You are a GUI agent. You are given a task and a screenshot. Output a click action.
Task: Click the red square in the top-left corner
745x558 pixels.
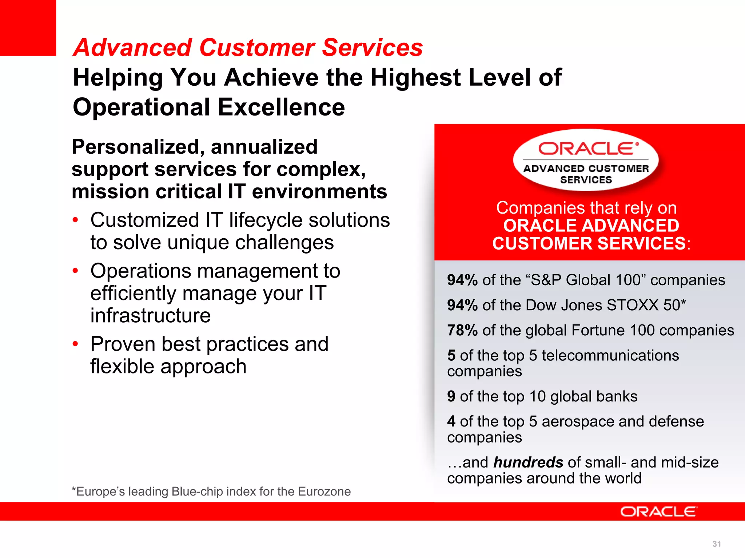point(28,28)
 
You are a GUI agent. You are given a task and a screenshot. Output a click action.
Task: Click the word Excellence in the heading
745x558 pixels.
point(281,108)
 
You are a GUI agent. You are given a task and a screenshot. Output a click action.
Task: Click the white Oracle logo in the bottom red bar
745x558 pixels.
point(658,511)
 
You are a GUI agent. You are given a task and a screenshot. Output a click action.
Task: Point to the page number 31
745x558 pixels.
point(717,544)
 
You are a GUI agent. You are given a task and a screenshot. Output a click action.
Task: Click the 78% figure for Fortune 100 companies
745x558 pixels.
point(462,331)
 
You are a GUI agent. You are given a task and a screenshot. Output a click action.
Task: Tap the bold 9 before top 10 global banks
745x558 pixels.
point(451,396)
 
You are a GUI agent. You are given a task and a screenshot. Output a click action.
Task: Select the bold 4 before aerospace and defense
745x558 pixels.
point(451,421)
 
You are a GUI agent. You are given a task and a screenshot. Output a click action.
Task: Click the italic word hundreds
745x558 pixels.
point(528,462)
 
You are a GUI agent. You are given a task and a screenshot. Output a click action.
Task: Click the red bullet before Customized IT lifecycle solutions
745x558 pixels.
point(75,220)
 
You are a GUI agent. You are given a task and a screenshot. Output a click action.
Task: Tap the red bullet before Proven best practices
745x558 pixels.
point(75,344)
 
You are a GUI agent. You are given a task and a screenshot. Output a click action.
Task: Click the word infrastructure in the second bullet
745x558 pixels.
point(151,315)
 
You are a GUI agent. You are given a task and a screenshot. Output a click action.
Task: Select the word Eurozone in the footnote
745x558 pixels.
point(324,492)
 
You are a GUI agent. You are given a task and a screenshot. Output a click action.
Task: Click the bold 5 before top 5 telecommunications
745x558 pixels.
point(451,355)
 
